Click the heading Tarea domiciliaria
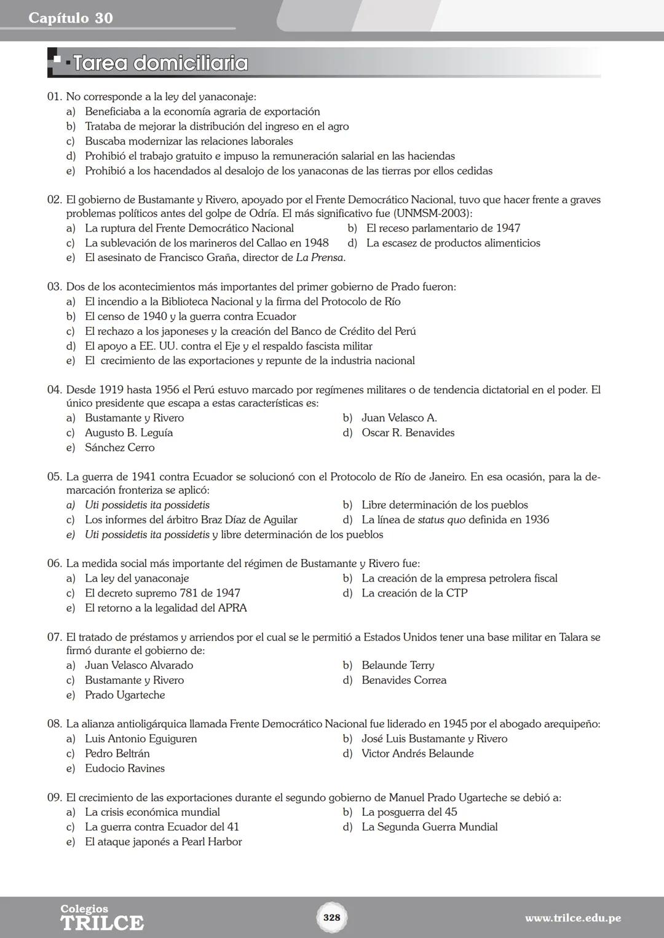(x=160, y=63)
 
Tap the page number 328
(x=331, y=917)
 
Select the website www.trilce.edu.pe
(x=572, y=918)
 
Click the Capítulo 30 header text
(x=71, y=18)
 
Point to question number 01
(x=55, y=97)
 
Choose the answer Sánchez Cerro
(x=119, y=448)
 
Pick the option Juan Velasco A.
(x=399, y=418)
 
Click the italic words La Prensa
(x=319, y=258)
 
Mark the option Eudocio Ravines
(x=124, y=768)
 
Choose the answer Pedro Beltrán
(x=117, y=754)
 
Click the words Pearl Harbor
(x=211, y=842)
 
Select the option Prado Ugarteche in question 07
(x=125, y=695)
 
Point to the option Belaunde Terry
(x=397, y=666)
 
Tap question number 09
(x=55, y=798)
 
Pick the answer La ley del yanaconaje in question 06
(x=136, y=579)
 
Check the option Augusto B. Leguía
(x=128, y=433)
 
